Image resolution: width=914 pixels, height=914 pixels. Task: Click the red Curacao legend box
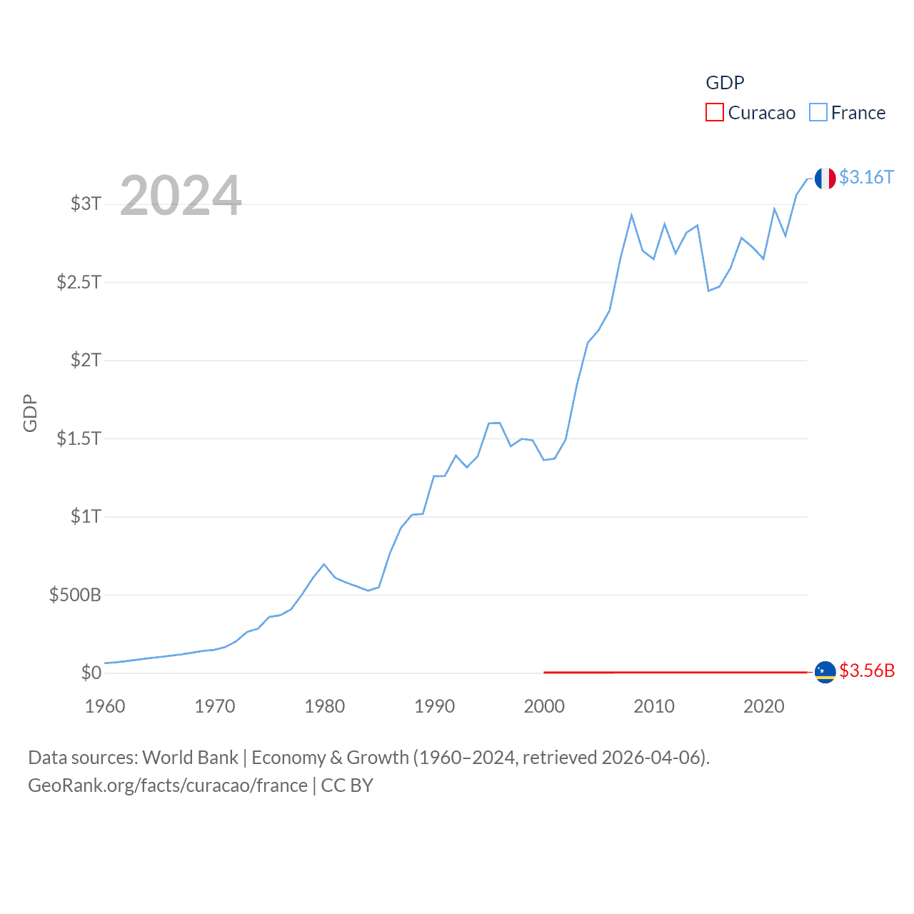[714, 113]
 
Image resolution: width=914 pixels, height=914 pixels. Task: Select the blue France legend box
[818, 113]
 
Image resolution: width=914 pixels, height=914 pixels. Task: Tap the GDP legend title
[725, 83]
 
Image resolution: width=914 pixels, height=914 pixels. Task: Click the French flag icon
[825, 179]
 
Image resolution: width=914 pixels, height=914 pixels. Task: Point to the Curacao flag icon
[825, 672]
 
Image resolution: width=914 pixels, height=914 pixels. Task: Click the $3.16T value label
[866, 177]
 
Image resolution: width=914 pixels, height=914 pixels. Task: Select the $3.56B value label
[867, 671]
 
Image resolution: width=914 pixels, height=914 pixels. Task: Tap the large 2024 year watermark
[181, 196]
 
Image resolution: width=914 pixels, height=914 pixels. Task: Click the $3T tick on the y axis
[86, 204]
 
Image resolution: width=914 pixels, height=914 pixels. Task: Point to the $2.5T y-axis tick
[79, 282]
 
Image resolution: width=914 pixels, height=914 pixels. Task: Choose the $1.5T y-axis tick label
[79, 438]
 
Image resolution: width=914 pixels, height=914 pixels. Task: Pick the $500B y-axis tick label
[75, 595]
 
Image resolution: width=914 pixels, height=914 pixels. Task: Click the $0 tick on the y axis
[91, 673]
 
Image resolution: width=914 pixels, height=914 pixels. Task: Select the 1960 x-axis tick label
[105, 707]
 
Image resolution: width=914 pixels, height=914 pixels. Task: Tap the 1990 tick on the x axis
[434, 707]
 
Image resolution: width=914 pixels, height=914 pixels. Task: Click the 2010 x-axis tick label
[654, 707]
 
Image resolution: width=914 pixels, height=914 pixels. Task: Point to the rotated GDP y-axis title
[30, 413]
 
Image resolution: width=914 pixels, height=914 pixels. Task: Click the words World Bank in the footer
[190, 758]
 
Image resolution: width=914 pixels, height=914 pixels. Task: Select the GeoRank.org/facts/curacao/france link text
[168, 785]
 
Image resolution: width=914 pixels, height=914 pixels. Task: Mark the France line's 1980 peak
[324, 564]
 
